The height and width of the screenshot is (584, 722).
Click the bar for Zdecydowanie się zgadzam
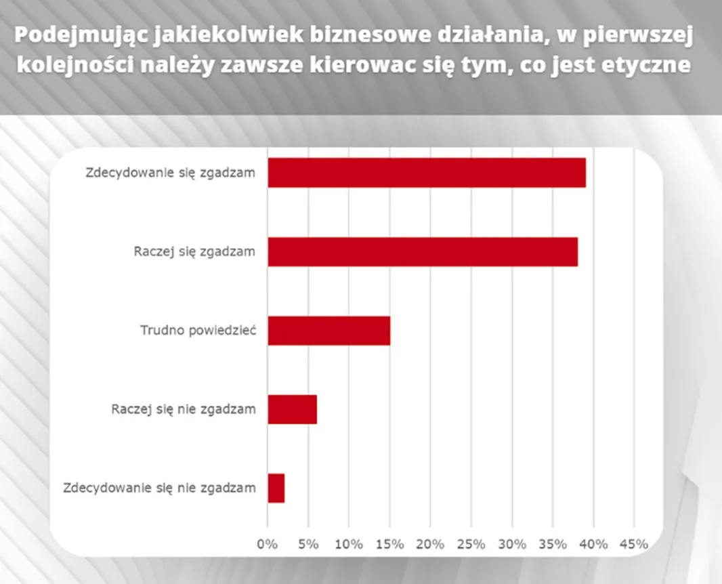coord(427,173)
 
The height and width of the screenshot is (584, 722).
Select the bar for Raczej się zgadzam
coord(423,251)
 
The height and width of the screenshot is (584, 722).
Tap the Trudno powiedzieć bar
coord(328,331)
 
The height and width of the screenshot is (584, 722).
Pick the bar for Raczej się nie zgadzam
coord(292,409)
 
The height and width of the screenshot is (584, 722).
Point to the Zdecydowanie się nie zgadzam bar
coord(276,488)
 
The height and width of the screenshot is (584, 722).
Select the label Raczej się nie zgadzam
coord(183,409)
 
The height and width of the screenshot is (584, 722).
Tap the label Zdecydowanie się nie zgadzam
coord(159,488)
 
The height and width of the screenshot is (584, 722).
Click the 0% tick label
coord(268,543)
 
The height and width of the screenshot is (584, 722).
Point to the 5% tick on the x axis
coord(308,543)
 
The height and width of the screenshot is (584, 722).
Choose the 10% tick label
coord(349,543)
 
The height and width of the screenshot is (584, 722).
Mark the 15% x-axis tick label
coord(389,543)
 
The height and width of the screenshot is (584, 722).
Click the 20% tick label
coord(430,543)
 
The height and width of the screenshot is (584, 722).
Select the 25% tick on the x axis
coord(471,543)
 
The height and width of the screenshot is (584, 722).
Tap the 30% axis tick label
coord(511,543)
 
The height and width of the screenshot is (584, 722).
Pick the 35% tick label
coord(552,543)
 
